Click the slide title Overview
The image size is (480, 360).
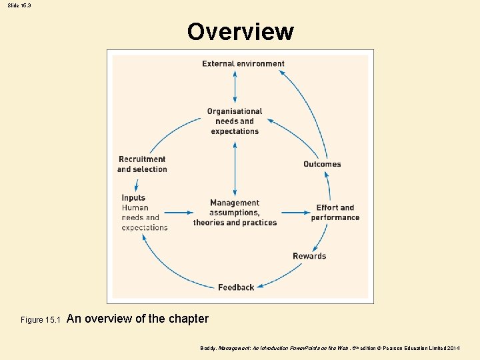240,31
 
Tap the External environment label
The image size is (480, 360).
243,64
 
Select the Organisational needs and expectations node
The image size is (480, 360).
235,121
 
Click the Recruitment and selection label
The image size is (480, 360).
142,164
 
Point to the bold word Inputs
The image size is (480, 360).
133,197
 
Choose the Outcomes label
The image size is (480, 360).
322,164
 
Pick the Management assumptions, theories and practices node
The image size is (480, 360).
235,213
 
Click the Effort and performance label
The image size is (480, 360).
335,213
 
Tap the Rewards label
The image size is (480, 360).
309,256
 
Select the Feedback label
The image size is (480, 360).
236,287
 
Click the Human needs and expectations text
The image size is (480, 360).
144,217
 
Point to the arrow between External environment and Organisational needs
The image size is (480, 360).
235,87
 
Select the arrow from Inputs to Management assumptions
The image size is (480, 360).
179,213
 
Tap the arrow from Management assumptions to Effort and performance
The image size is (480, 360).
294,213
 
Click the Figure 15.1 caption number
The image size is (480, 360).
41,320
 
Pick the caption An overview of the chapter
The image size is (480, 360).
138,319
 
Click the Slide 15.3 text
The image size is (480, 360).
20,5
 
